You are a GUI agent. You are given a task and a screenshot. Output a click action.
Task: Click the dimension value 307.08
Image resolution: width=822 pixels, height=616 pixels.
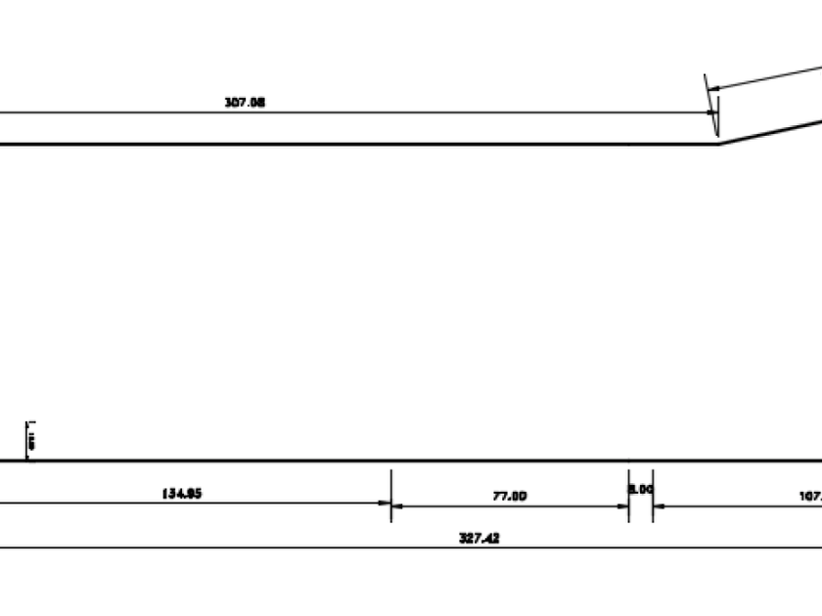(x=245, y=102)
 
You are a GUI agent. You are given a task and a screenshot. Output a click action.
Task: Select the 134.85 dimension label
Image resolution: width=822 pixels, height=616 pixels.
(x=181, y=494)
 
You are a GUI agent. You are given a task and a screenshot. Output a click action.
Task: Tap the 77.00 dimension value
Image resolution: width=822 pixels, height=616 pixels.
(x=509, y=496)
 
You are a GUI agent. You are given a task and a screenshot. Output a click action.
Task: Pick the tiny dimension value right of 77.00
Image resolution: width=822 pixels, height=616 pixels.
(x=641, y=487)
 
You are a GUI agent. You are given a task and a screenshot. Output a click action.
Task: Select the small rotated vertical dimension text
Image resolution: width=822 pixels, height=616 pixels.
(x=31, y=440)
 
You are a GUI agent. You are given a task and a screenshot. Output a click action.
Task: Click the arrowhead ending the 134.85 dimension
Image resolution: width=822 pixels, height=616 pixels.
(x=385, y=505)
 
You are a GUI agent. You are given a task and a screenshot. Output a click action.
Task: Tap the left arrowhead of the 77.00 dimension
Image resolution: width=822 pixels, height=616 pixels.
(x=396, y=506)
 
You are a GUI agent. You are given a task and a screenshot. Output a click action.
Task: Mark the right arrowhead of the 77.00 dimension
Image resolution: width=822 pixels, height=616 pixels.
(x=623, y=506)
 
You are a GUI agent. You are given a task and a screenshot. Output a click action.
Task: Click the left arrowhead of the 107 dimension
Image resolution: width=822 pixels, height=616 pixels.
(x=659, y=506)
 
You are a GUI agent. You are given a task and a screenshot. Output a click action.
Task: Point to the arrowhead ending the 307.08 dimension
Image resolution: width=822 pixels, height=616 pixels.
(x=711, y=112)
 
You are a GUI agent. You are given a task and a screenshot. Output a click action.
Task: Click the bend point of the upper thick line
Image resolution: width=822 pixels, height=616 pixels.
(x=719, y=144)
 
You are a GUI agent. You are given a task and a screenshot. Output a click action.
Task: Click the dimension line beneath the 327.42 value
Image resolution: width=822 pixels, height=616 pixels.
(x=294, y=548)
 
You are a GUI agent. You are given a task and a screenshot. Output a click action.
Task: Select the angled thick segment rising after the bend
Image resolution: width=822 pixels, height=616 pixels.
(x=773, y=131)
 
